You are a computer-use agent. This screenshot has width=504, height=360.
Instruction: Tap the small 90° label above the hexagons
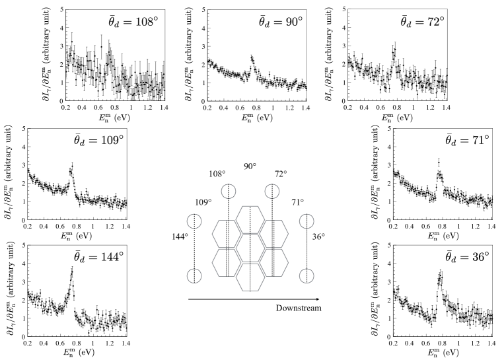[x=250, y=166]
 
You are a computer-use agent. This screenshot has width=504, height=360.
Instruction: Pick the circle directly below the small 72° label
[x=271, y=192]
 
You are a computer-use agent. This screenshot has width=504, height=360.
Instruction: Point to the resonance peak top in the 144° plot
[x=72, y=270]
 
